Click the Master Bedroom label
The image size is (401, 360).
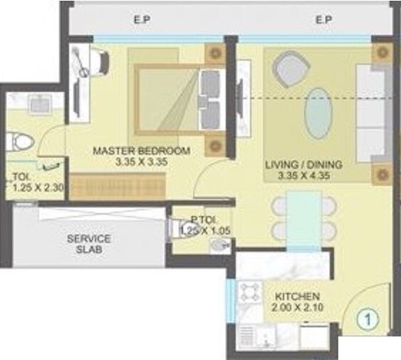(141, 150)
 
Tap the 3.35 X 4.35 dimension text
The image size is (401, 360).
(303, 175)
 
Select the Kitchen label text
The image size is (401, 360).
(297, 296)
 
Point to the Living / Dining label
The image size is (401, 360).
(303, 165)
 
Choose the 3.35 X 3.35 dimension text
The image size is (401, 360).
(141, 161)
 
